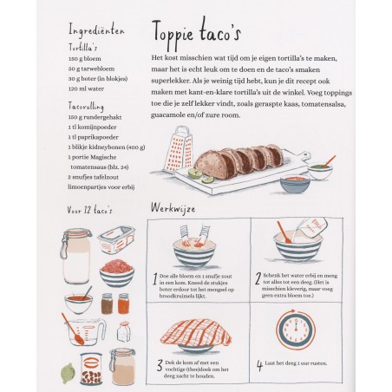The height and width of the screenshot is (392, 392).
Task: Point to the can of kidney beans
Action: pos(90,369)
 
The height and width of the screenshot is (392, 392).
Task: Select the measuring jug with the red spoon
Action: pos(84,331)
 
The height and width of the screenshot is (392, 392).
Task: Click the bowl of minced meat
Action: pos(115,273)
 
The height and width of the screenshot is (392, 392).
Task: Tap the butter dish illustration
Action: pos(115,240)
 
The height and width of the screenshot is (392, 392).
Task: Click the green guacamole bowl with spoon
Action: pos(320,168)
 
